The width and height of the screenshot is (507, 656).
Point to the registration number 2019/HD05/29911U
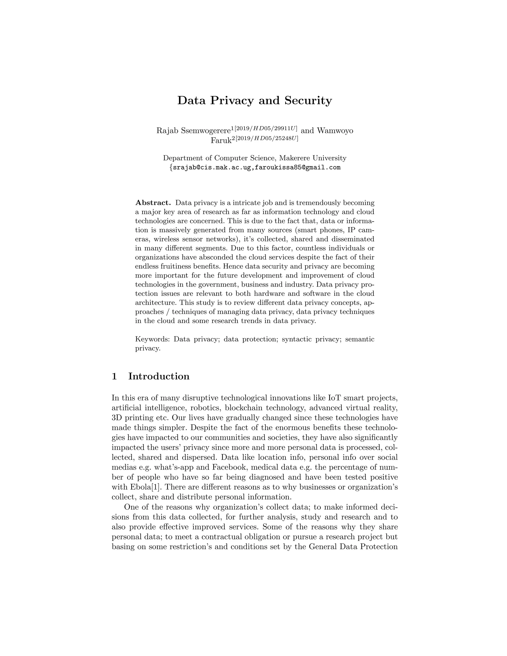click(x=266, y=128)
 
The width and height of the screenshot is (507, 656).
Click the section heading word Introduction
click(x=159, y=376)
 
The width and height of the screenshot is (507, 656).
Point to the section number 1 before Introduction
click(x=114, y=376)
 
